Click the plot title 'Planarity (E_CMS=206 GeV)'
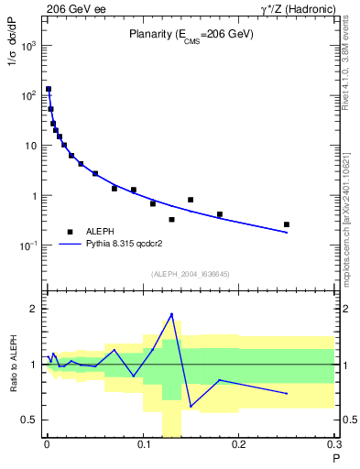(x=191, y=36)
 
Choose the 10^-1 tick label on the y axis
(x=27, y=245)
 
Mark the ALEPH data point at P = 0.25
(x=287, y=224)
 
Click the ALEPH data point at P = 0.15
(x=191, y=200)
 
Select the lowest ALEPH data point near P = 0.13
(x=171, y=220)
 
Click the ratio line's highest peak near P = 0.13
(x=171, y=314)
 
